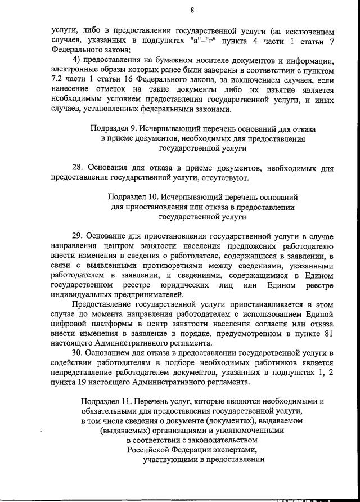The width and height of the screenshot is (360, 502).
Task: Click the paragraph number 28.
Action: [x=78, y=168]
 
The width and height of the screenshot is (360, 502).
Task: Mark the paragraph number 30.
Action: [x=78, y=352]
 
